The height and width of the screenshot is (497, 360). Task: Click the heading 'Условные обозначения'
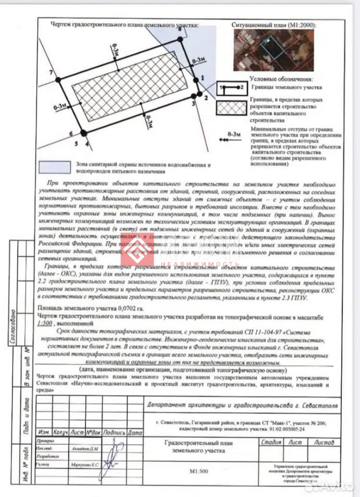tap(282, 79)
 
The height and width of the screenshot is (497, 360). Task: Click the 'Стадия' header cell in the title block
tap(271, 442)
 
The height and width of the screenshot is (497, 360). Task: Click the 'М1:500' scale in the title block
tap(199, 472)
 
